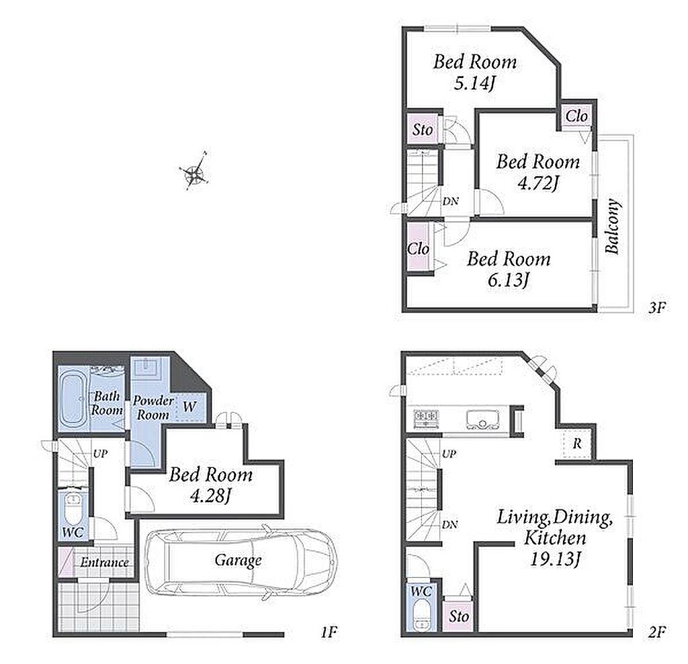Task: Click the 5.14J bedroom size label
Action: [474, 83]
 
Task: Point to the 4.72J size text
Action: [538, 182]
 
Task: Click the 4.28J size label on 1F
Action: [210, 495]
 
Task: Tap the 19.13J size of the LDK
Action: [556, 558]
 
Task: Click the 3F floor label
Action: [657, 308]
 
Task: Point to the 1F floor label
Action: [329, 632]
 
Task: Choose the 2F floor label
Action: [657, 632]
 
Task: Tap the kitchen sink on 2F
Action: [482, 420]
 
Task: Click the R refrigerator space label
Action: [576, 444]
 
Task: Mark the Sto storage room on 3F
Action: [422, 129]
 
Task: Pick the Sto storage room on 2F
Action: [458, 616]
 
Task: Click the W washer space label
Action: [189, 407]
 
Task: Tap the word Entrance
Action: [104, 562]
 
